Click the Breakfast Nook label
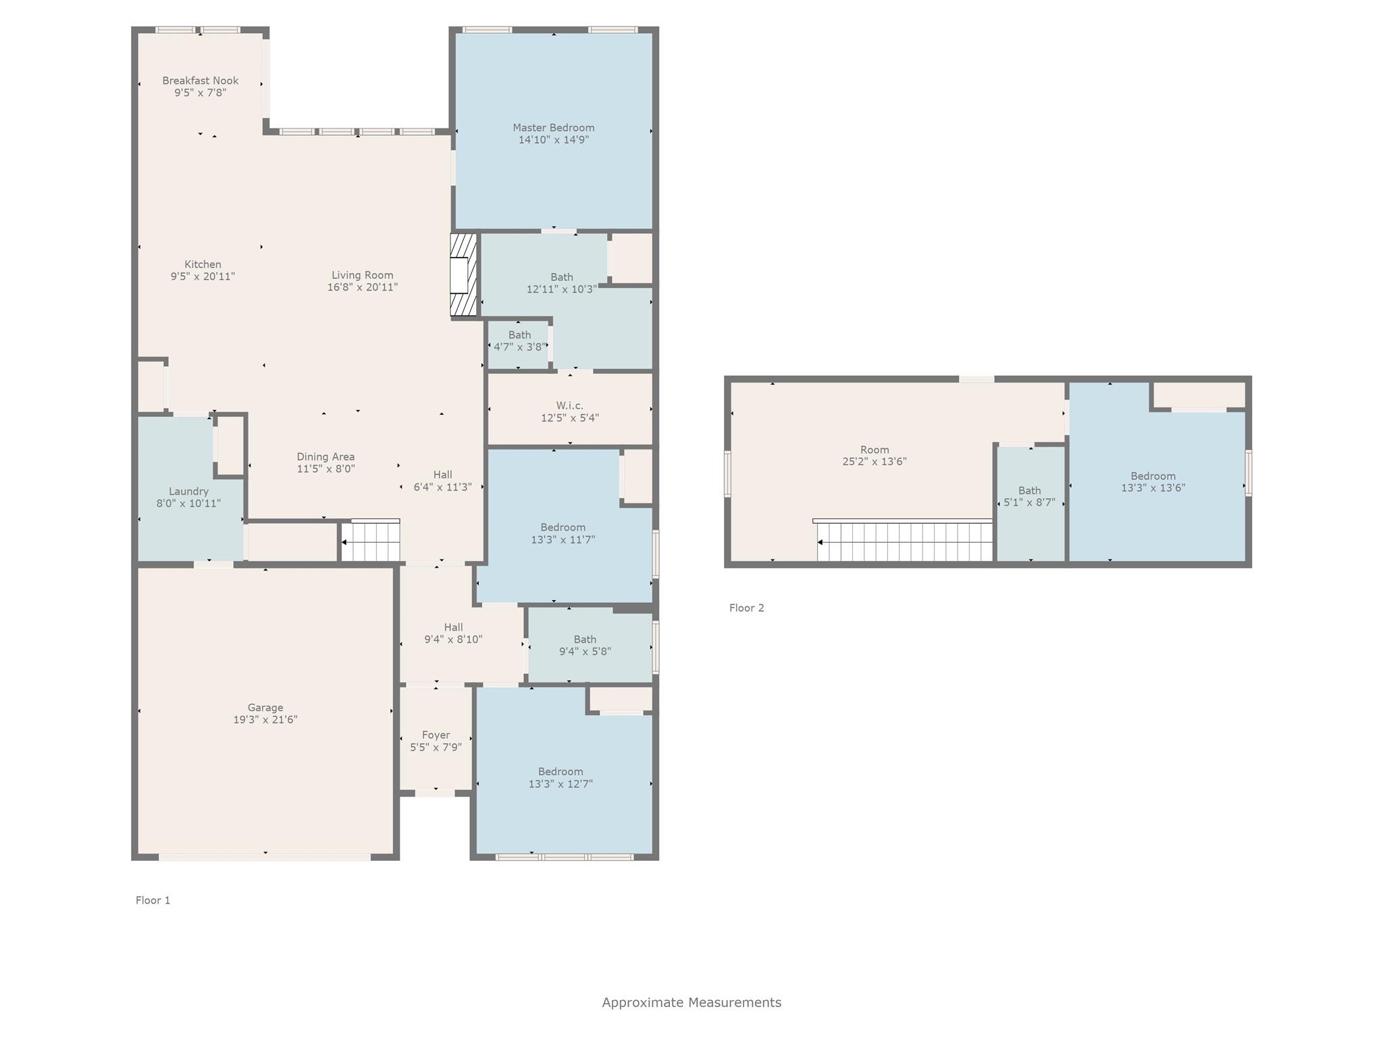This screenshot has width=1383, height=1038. (200, 80)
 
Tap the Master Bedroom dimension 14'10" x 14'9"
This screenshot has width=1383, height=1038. (553, 140)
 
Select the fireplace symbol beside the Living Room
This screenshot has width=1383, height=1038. (463, 275)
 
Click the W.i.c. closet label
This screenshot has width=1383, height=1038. (569, 405)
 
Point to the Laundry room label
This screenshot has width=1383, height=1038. (188, 491)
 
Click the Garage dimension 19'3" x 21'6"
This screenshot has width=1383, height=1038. (265, 720)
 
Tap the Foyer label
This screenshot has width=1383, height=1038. (436, 735)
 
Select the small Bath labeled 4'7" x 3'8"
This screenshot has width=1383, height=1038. (519, 341)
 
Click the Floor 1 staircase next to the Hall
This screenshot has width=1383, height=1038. (371, 541)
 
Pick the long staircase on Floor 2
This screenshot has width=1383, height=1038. (904, 542)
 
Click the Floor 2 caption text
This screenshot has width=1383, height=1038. (746, 608)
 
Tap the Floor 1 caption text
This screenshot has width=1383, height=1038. (153, 900)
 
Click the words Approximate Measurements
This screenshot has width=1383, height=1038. (691, 1002)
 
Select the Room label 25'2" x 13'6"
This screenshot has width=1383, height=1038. (874, 455)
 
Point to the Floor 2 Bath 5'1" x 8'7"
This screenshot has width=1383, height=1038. (1029, 497)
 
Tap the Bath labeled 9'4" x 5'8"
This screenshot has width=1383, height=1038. (585, 645)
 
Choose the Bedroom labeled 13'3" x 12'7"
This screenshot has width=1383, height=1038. (560, 778)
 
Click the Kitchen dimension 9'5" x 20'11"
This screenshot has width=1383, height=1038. (203, 276)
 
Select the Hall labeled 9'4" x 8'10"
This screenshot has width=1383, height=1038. (453, 633)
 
